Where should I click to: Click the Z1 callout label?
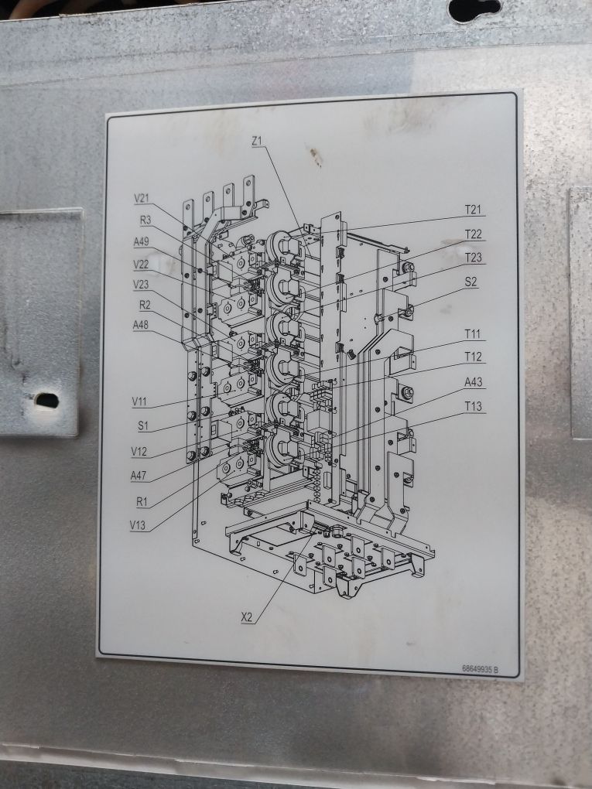point(258,142)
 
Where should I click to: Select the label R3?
point(145,220)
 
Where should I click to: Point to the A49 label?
point(141,241)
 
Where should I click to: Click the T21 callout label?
point(473,210)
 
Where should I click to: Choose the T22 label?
point(474,234)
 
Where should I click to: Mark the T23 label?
point(474,258)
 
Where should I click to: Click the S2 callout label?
point(471,282)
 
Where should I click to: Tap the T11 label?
point(473,334)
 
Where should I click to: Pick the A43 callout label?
point(474,382)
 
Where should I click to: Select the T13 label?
point(474,406)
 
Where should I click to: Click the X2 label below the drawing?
point(247,617)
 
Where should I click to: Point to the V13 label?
point(139,526)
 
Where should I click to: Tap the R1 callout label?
point(142,501)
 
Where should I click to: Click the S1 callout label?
point(142,426)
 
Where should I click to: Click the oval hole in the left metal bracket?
point(46,400)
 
